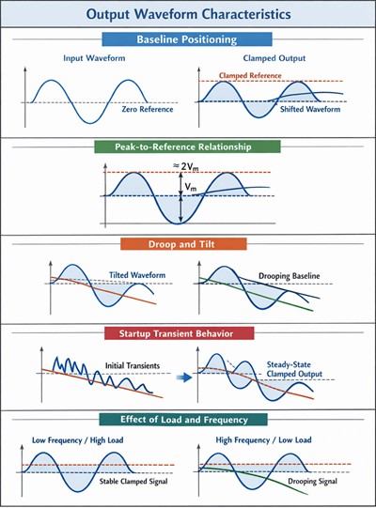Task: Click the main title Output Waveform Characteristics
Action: [188, 15]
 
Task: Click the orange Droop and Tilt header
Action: [188, 244]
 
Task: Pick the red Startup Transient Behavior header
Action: [189, 333]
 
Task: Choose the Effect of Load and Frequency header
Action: [188, 419]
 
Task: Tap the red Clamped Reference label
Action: [255, 75]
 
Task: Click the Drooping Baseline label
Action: [289, 275]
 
